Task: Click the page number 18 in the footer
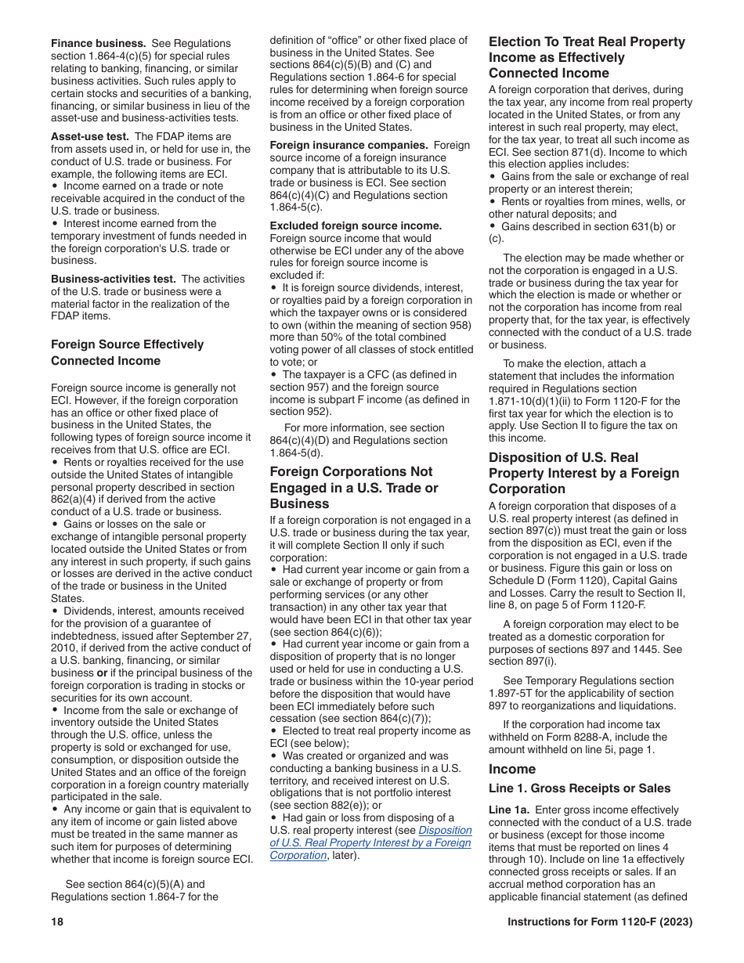pos(57,922)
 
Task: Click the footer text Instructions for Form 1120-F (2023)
pos(599,922)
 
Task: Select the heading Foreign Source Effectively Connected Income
pos(127,352)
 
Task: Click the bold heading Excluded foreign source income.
pos(356,225)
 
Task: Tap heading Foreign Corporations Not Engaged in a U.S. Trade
pos(354,487)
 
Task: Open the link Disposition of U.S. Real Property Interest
pos(370,842)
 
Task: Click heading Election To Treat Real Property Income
pos(587,57)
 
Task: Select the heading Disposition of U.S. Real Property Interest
pos(583,473)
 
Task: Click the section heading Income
pos(512,769)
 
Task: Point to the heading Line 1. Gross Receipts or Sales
pos(580,788)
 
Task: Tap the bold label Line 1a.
pos(510,810)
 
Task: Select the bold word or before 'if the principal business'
pos(101,673)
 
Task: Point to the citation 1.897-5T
pos(518,693)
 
